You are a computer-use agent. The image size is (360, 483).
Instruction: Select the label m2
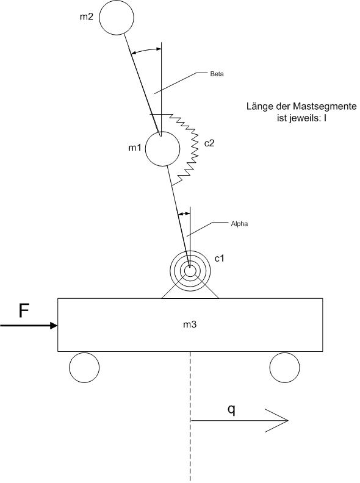86,16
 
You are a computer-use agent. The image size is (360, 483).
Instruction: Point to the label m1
135,148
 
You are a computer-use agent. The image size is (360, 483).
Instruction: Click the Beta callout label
217,74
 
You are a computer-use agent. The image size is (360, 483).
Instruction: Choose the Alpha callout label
239,224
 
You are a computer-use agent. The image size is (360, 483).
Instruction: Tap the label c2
209,143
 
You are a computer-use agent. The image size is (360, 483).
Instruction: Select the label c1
219,259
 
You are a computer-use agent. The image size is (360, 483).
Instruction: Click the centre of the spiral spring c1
190,271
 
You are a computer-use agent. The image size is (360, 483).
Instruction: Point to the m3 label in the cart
190,324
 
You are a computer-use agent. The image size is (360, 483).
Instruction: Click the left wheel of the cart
84,368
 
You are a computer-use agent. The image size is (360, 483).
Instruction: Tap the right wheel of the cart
284,368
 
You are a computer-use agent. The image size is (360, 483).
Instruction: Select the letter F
24,310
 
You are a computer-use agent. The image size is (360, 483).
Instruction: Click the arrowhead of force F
54,325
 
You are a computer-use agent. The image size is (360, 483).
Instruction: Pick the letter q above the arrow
231,410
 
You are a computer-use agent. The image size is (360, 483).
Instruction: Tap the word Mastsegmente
325,107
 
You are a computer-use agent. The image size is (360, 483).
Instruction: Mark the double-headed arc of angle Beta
146,49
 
